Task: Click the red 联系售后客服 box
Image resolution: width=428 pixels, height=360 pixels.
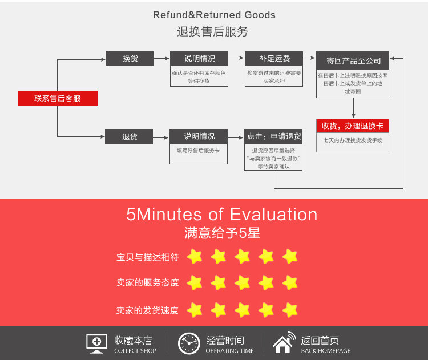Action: (58, 98)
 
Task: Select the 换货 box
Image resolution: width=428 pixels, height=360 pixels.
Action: (130, 59)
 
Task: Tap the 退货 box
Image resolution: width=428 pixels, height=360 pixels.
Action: (130, 137)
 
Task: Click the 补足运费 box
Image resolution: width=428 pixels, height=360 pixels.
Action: (274, 59)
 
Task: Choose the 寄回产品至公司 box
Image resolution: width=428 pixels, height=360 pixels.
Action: (353, 60)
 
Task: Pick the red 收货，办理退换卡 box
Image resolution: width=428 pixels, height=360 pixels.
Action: (353, 126)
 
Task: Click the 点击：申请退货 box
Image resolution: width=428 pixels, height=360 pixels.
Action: (273, 136)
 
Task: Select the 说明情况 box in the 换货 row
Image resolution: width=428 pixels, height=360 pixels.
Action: (199, 59)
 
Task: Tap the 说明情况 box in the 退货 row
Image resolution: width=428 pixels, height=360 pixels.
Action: (199, 136)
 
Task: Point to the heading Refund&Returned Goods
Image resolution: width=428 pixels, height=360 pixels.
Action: (214, 15)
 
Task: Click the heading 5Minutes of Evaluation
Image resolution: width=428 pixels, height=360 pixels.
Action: (221, 215)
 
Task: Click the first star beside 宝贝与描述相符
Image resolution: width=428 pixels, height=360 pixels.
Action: (195, 257)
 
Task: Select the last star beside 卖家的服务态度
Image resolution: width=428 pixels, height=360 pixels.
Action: (290, 282)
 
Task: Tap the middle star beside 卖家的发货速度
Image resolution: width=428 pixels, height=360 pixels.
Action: (243, 310)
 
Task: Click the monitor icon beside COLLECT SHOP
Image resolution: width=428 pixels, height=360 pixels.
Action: (97, 343)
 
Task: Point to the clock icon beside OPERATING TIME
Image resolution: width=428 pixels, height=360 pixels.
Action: (189, 343)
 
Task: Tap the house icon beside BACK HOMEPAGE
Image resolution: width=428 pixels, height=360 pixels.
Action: (284, 343)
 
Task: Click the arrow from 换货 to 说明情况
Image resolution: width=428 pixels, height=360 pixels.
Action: (162, 59)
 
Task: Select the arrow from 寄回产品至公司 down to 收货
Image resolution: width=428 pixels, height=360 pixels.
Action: (354, 108)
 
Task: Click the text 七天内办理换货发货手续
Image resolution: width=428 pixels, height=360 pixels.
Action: (353, 140)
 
